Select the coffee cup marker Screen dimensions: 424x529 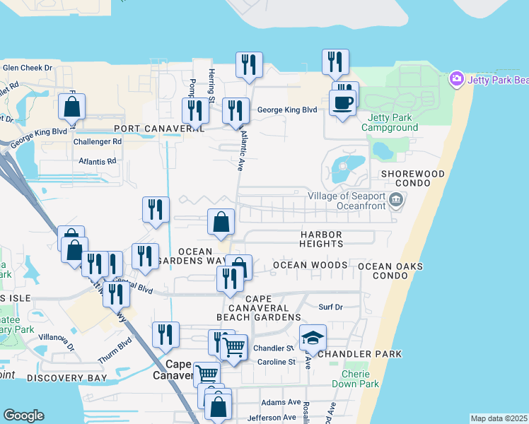coord(343,103)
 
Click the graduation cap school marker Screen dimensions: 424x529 coord(313,338)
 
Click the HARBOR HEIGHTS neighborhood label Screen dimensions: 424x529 coord(320,239)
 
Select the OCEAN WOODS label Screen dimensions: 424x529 coord(310,265)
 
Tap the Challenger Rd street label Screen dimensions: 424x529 coord(98,141)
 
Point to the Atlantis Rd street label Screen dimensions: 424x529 coord(98,161)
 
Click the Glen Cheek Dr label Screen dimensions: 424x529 coord(28,68)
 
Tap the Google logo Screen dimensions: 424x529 coord(23,415)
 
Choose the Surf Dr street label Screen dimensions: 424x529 coord(330,307)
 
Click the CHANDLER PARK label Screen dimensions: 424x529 coord(359,353)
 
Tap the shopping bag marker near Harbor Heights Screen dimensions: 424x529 coord(221,222)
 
